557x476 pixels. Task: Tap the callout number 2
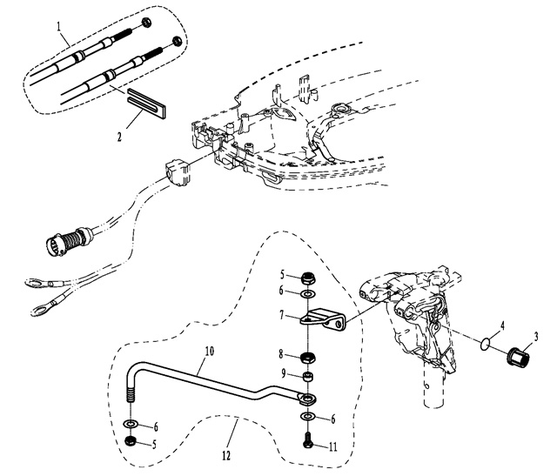[x=121, y=137]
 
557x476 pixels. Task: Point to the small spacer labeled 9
[x=308, y=376]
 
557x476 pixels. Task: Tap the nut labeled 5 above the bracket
[x=308, y=279]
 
